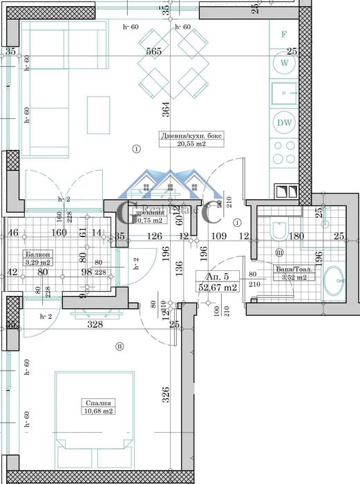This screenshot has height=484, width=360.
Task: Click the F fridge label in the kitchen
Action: coord(283,33)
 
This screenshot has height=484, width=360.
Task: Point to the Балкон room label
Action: coord(35,254)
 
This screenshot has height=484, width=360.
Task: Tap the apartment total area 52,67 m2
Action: coord(218,287)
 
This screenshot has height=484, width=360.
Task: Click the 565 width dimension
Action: coord(154,51)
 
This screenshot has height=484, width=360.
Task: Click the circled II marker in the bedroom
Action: coord(119,346)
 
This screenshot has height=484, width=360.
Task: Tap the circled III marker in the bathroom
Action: coord(280,252)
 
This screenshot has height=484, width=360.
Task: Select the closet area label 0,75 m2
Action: coord(149,221)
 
